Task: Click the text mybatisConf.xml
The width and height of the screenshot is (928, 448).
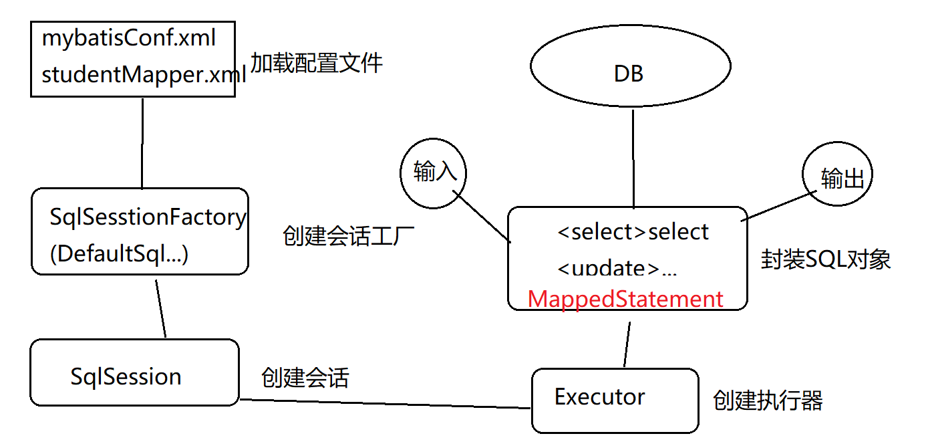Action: [129, 38]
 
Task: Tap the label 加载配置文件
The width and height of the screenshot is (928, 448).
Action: [316, 64]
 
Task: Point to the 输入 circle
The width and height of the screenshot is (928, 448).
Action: [433, 173]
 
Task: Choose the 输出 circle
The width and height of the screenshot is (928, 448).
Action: [838, 179]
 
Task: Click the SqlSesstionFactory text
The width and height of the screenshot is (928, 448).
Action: [148, 217]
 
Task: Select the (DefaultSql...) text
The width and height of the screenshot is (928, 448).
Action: [119, 254]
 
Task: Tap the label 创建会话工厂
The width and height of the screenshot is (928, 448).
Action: [349, 237]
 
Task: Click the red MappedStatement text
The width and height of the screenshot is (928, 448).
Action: [625, 299]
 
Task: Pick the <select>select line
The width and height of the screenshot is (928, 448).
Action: [633, 232]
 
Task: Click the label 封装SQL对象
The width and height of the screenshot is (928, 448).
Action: [826, 259]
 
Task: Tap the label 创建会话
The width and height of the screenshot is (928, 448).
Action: [305, 378]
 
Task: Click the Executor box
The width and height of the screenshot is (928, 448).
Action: [615, 400]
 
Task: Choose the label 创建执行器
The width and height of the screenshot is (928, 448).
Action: [768, 401]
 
